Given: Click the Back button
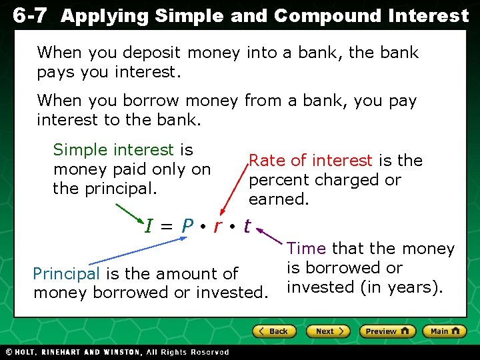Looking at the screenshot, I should tap(274, 331).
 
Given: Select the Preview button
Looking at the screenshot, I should tap(387, 331).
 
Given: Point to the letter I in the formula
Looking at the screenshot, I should tap(149, 227).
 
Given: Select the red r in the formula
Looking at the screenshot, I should tap(217, 227).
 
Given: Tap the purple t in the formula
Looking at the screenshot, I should tap(247, 227).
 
